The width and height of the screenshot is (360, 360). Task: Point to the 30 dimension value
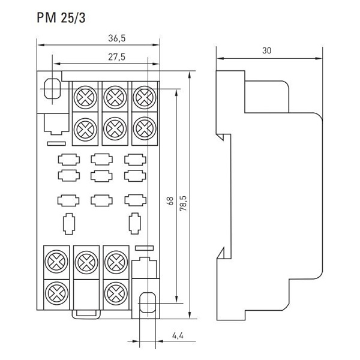[268, 52]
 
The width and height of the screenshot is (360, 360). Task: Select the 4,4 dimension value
[176, 334]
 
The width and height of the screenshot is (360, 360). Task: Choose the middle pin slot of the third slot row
[100, 200]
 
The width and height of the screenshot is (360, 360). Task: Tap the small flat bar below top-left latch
[56, 144]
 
